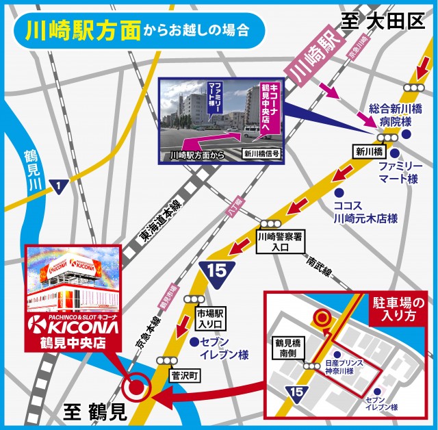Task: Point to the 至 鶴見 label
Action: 95,412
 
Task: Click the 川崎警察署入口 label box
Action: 281,241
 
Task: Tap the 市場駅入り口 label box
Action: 206,319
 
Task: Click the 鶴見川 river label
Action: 29,168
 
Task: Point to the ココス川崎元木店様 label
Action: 365,212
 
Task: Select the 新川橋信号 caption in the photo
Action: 261,155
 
